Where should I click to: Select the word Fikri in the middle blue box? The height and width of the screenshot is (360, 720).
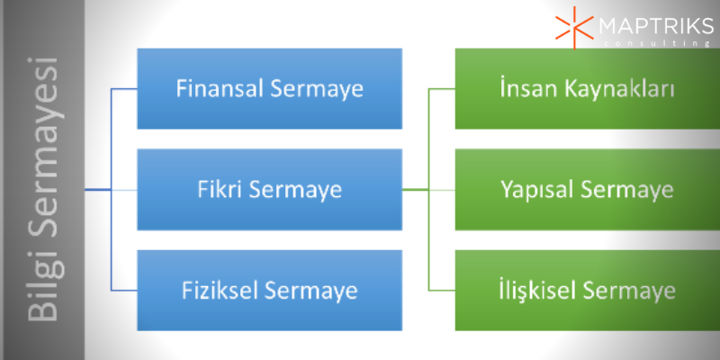point(216,191)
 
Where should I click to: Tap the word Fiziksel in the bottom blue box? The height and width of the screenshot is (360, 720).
point(214,292)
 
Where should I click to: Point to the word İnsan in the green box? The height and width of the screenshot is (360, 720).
point(517,90)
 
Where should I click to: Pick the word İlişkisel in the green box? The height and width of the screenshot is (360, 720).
point(536,292)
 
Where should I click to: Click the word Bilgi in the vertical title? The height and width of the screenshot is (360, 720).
point(42,288)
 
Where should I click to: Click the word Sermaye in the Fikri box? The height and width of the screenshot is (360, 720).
point(298,191)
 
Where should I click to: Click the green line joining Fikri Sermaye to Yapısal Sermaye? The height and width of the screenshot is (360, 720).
point(427,190)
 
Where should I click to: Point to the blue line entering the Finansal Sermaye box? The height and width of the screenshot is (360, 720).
point(124,90)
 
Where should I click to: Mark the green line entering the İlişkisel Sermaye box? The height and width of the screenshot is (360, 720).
point(443,291)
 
